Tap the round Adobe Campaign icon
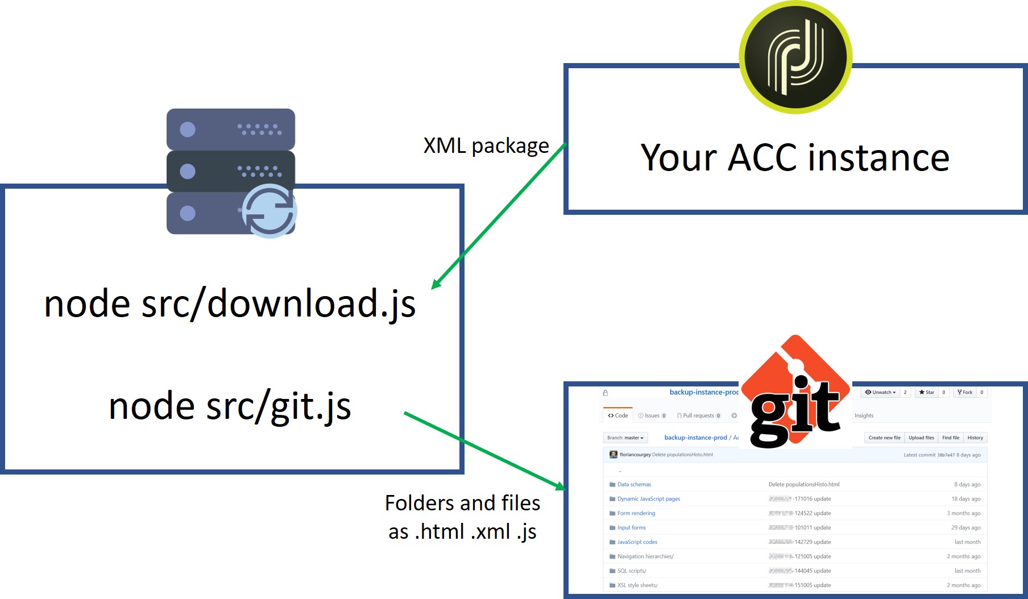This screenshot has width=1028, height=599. click(x=795, y=57)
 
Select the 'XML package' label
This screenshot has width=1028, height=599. click(x=486, y=146)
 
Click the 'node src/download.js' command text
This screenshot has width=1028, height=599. click(x=230, y=303)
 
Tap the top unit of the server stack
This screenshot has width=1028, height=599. click(x=230, y=130)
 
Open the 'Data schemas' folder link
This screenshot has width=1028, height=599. click(x=634, y=485)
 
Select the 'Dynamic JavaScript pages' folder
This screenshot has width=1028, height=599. click(x=648, y=499)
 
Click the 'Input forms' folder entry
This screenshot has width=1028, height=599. click(x=631, y=528)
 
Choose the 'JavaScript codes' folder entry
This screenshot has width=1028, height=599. click(x=637, y=542)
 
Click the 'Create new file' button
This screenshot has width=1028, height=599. click(x=884, y=438)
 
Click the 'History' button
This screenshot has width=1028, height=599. click(x=975, y=438)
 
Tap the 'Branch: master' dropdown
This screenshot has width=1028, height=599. click(x=625, y=438)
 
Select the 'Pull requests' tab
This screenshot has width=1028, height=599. click(x=698, y=415)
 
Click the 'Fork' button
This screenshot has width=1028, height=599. click(x=964, y=392)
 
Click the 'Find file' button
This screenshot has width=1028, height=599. click(x=950, y=438)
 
